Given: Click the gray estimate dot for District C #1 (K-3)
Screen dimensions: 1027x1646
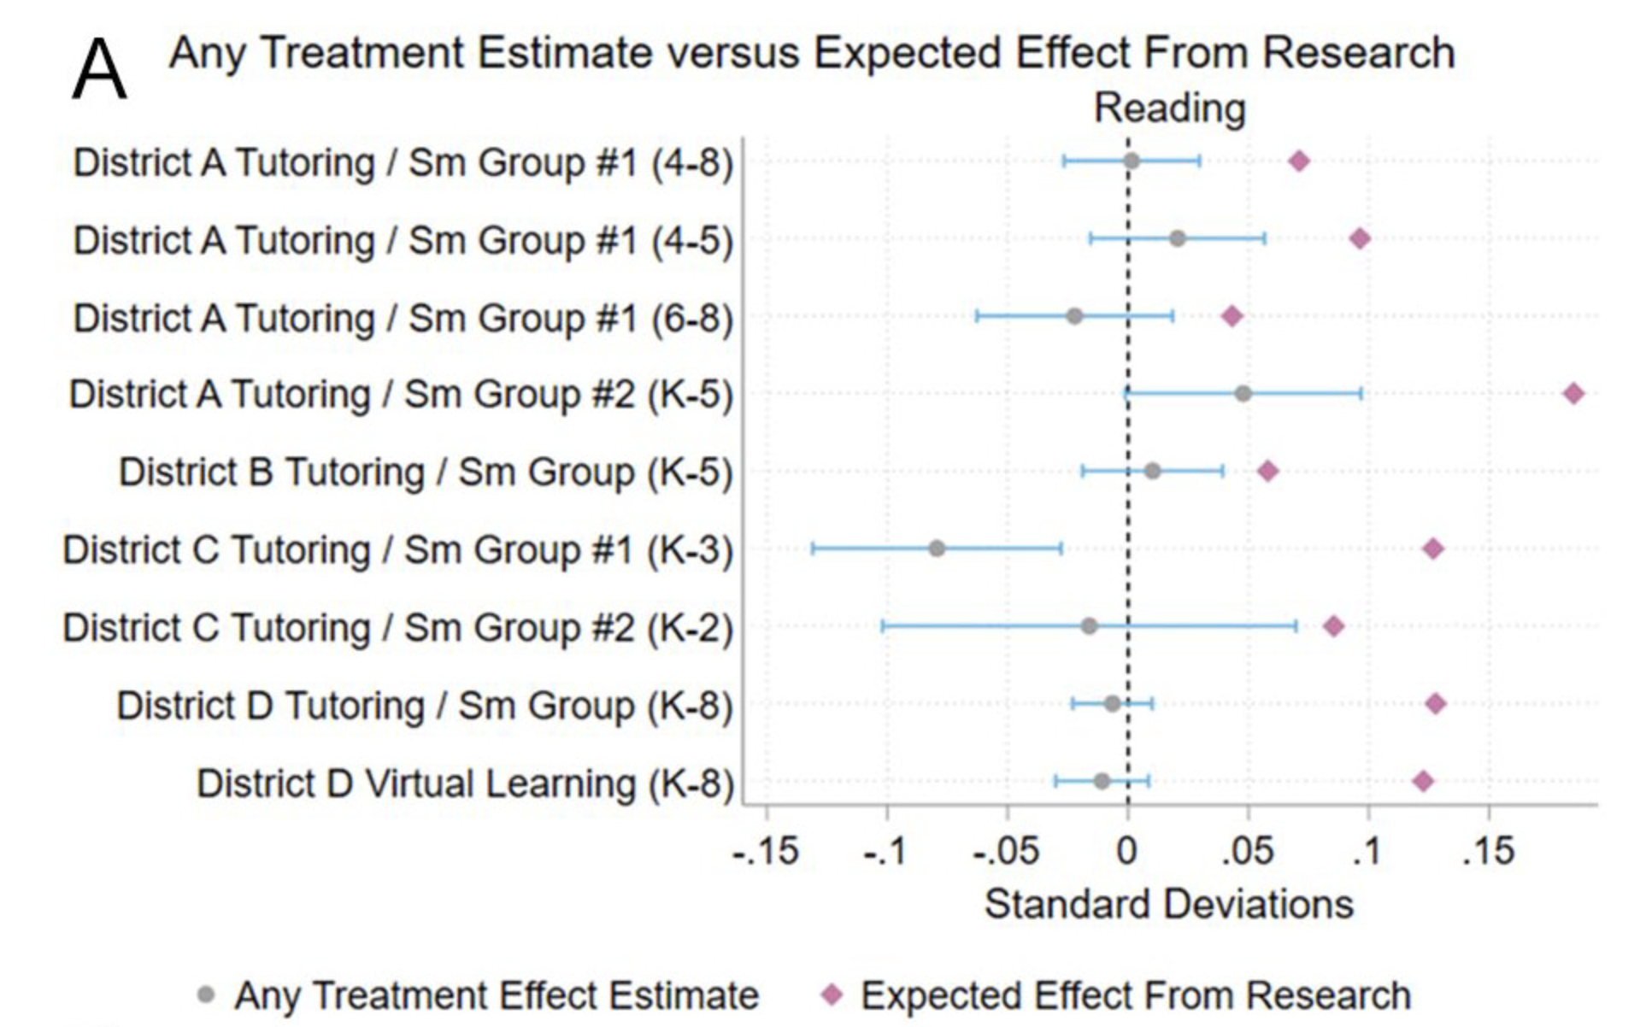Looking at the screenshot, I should pyautogui.click(x=938, y=549).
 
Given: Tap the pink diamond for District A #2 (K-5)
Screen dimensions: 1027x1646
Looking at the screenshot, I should pyautogui.click(x=1573, y=394).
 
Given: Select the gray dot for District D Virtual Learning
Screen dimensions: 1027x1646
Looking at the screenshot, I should pyautogui.click(x=1102, y=781).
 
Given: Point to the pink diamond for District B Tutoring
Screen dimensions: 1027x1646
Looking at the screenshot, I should pyautogui.click(x=1268, y=471).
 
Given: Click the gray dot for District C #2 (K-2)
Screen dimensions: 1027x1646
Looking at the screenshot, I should pyautogui.click(x=1089, y=626).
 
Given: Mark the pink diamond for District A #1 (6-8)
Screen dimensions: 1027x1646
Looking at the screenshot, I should pyautogui.click(x=1232, y=316).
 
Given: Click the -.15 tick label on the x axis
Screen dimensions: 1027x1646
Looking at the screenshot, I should pyautogui.click(x=766, y=851).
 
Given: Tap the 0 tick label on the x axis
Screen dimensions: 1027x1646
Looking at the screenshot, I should pyautogui.click(x=1127, y=851).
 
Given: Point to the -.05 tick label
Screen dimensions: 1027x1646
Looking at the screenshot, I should pyautogui.click(x=1006, y=851).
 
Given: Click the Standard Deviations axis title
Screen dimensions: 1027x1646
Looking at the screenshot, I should pyautogui.click(x=1168, y=904).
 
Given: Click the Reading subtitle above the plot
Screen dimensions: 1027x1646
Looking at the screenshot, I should pyautogui.click(x=1169, y=109).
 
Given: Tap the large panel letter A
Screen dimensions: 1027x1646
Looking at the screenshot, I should pyautogui.click(x=99, y=72).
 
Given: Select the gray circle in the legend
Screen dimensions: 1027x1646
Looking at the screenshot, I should pyautogui.click(x=205, y=995).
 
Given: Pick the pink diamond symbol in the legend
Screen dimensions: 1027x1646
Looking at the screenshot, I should pyautogui.click(x=832, y=995).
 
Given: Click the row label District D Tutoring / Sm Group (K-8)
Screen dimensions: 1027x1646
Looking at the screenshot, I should pyautogui.click(x=424, y=706).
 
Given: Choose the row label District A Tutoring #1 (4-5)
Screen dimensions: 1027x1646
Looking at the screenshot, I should pyautogui.click(x=403, y=240).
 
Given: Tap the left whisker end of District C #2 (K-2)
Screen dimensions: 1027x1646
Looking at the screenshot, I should pyautogui.click(x=883, y=626).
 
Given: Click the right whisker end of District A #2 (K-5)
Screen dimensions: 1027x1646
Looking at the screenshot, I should pyautogui.click(x=1361, y=394).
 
